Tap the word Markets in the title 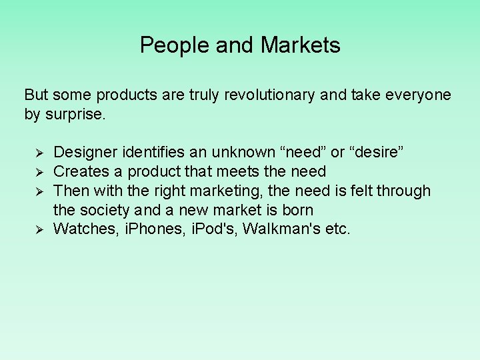[301, 45]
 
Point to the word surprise [75, 114]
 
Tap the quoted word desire [377, 153]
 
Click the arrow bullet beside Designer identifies [38, 153]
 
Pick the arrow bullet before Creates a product [38, 173]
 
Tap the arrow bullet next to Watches [38, 230]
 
